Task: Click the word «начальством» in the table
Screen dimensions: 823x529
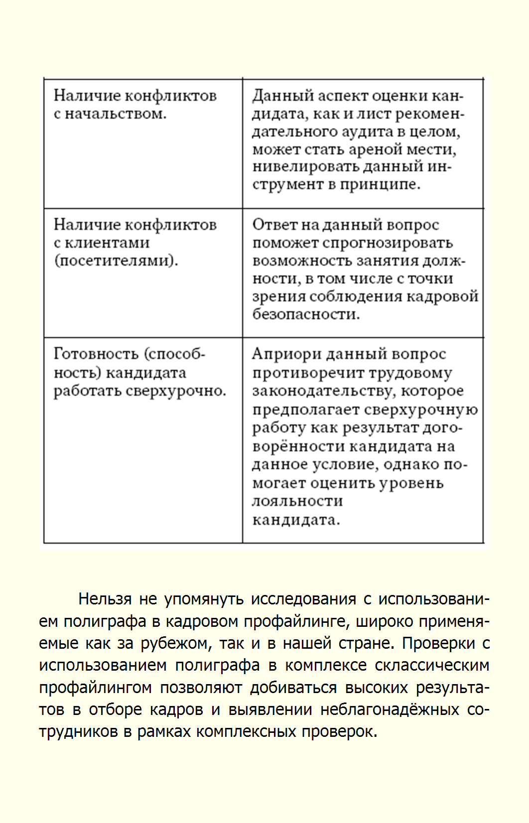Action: pyautogui.click(x=115, y=114)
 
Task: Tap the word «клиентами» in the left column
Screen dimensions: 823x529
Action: pyautogui.click(x=107, y=243)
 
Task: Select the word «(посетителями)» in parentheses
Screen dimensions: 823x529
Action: pyautogui.click(x=116, y=261)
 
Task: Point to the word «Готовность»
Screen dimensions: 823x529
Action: pyautogui.click(x=96, y=354)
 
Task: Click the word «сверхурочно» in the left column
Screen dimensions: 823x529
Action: pyautogui.click(x=175, y=391)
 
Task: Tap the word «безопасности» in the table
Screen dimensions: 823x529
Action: pyautogui.click(x=305, y=315)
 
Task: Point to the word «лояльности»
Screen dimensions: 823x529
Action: pyautogui.click(x=297, y=501)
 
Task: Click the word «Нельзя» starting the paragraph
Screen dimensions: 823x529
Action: pyautogui.click(x=105, y=598)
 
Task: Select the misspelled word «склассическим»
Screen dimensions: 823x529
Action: pyautogui.click(x=432, y=665)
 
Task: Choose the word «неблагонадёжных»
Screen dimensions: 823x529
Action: pyautogui.click(x=390, y=709)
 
